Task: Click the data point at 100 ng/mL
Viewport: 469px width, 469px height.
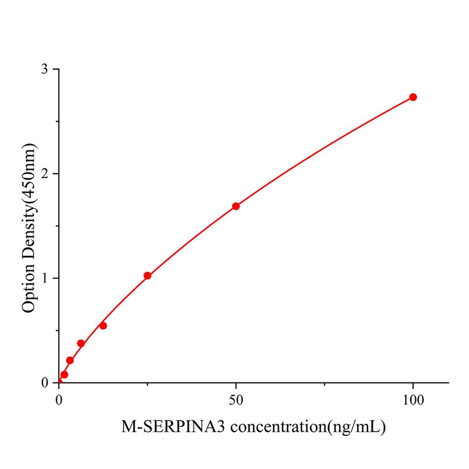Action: (413, 97)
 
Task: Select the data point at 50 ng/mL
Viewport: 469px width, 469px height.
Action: (236, 206)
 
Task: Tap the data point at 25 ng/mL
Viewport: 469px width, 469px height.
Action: (147, 276)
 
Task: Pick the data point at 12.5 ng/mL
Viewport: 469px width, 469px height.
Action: (103, 326)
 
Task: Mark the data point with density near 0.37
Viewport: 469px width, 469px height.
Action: (81, 344)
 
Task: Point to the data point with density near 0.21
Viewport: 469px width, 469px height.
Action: (70, 360)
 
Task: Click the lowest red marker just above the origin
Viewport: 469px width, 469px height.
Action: (64, 375)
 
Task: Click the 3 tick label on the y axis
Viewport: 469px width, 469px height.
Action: (44, 69)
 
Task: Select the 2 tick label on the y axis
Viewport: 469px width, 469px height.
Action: (44, 174)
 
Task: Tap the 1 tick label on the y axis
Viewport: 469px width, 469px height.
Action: (44, 278)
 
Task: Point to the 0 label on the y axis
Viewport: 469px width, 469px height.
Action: (44, 383)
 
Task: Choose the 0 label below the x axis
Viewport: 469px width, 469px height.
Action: (59, 399)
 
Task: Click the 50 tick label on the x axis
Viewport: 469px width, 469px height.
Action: (236, 399)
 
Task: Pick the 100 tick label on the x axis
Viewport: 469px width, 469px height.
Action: (413, 399)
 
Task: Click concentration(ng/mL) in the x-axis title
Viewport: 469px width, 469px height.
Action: (307, 427)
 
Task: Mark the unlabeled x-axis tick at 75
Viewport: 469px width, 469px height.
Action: (324, 385)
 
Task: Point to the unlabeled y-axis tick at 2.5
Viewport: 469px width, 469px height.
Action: (56, 122)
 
